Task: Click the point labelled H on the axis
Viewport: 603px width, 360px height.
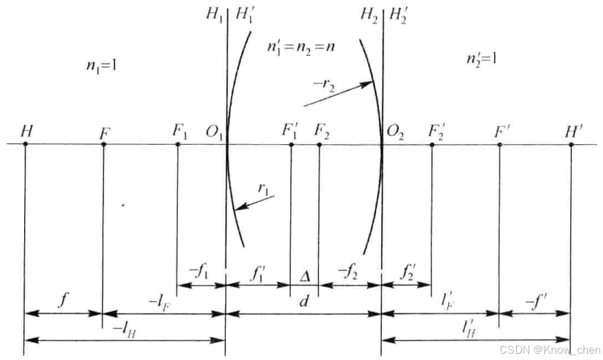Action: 25,143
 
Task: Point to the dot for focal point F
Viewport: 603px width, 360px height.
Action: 103,143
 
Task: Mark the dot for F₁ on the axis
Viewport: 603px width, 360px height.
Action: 178,143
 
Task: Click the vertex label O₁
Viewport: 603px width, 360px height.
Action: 212,131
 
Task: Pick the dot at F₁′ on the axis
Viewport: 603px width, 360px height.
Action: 291,143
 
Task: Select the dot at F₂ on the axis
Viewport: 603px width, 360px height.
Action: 319,143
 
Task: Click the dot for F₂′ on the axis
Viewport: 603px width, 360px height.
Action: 431,143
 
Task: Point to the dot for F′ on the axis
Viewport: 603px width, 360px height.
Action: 499,143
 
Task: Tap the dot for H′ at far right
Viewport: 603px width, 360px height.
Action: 571,143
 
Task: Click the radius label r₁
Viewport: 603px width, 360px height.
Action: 263,188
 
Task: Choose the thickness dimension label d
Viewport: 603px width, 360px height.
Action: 304,301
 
